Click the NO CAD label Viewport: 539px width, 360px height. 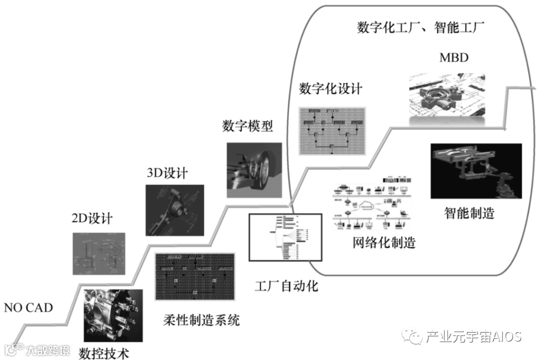pyautogui.click(x=28, y=307)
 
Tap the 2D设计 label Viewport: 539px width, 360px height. pyautogui.click(x=92, y=218)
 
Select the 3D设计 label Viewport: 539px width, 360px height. pyautogui.click(x=168, y=173)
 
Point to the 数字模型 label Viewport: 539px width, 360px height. pyautogui.click(x=248, y=126)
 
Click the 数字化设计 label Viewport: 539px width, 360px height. pyautogui.click(x=331, y=89)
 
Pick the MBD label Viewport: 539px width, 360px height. pyautogui.click(x=454, y=57)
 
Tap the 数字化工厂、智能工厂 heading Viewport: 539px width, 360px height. pyautogui.click(x=421, y=27)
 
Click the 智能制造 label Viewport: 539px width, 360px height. pyautogui.click(x=469, y=213)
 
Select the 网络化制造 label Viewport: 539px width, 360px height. pyautogui.click(x=384, y=243)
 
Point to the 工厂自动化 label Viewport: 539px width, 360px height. pyautogui.click(x=286, y=286)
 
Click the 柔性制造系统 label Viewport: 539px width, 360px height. pyautogui.click(x=202, y=320)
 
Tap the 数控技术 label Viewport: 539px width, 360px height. pyautogui.click(x=104, y=354)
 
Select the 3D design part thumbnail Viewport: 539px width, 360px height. pyautogui.click(x=175, y=210)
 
